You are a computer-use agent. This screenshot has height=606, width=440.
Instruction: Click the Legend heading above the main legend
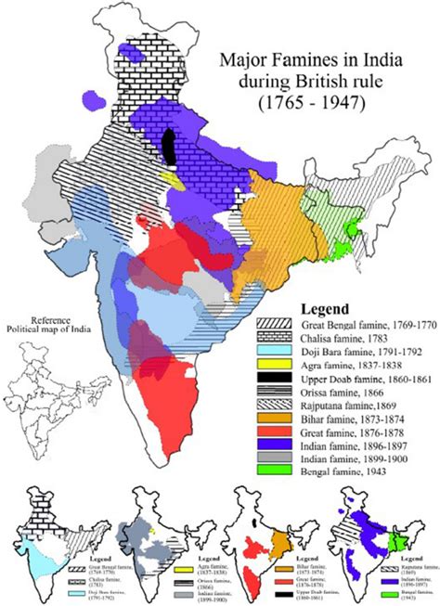324,308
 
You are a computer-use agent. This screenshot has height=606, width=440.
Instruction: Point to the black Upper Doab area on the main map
169,147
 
